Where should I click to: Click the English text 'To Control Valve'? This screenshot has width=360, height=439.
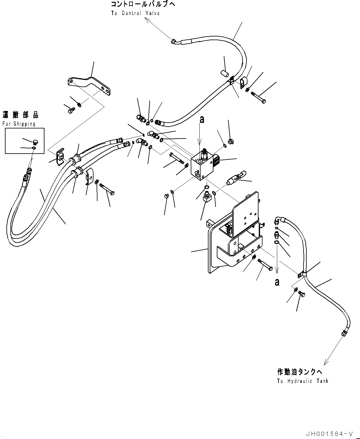[135, 13]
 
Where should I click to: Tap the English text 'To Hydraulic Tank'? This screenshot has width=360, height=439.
[302, 381]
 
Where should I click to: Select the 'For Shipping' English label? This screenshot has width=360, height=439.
[19, 124]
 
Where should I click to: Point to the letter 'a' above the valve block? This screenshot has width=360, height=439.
[201, 120]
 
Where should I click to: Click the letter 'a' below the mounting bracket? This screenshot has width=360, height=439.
[277, 282]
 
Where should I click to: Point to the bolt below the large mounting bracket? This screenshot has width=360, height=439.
[265, 264]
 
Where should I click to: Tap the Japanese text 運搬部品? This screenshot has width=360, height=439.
[21, 115]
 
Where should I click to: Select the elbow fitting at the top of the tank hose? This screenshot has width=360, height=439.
[278, 219]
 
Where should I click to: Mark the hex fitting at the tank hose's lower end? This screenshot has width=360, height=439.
[344, 332]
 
